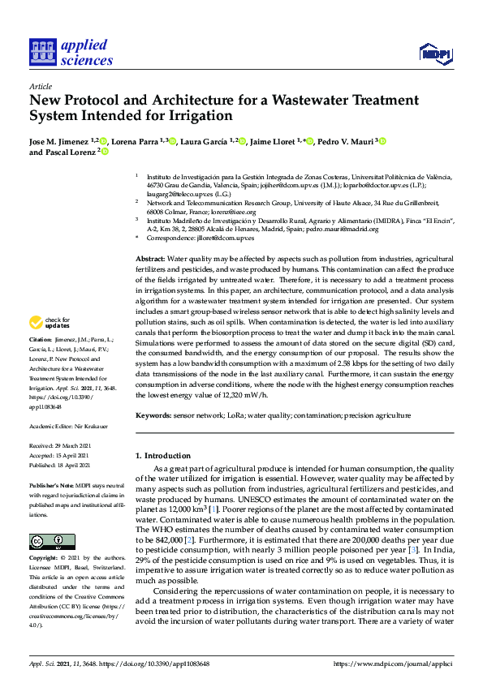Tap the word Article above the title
pyautogui.click(x=40, y=85)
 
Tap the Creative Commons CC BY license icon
pyautogui.click(x=52, y=542)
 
